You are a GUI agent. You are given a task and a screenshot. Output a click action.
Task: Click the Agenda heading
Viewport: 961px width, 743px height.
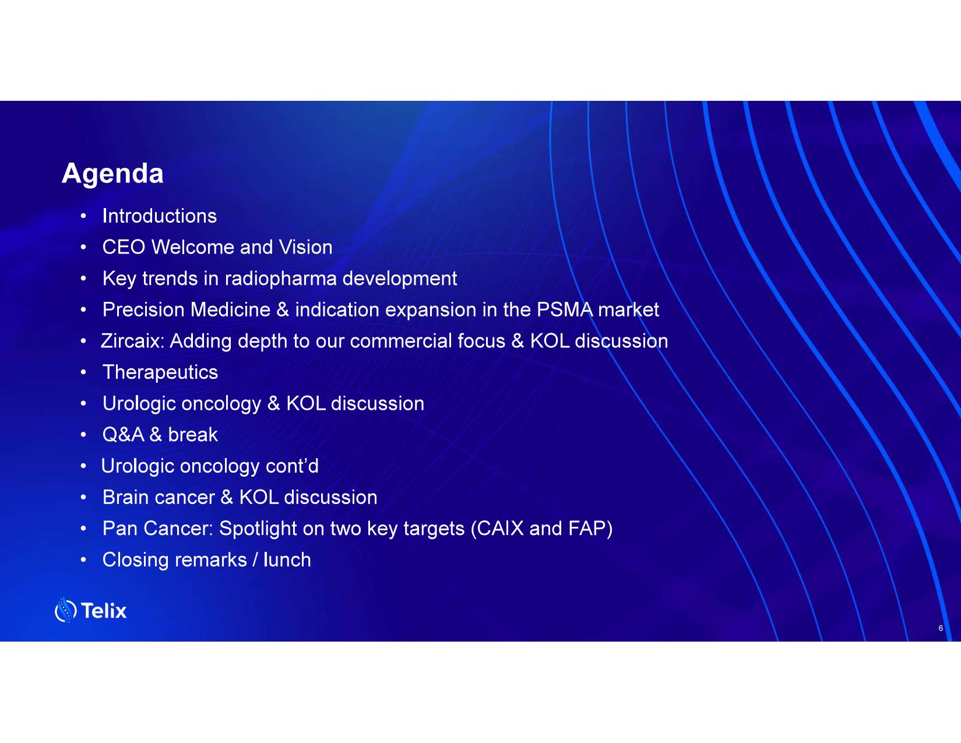[x=112, y=174]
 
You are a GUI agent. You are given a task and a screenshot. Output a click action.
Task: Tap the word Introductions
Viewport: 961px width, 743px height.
[x=160, y=216]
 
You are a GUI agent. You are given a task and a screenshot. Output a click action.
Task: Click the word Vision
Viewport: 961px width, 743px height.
[x=305, y=247]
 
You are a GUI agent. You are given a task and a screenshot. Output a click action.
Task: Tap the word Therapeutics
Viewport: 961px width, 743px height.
[x=160, y=372]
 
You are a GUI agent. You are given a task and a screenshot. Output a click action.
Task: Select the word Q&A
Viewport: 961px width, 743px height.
[x=124, y=435]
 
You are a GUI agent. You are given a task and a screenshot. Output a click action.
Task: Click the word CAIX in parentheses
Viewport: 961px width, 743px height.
[x=498, y=529]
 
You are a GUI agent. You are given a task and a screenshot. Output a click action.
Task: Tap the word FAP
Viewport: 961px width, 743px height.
[x=587, y=529]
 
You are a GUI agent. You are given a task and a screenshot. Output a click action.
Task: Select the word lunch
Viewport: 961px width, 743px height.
[x=287, y=560]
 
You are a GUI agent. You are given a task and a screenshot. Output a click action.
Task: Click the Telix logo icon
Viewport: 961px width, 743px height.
[x=65, y=610]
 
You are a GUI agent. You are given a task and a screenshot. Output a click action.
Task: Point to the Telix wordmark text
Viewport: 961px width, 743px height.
[x=104, y=611]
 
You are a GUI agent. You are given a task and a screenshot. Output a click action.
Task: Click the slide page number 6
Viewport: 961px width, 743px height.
[x=941, y=628]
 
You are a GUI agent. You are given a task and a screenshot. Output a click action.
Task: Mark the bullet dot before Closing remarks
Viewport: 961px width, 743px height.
[x=83, y=560]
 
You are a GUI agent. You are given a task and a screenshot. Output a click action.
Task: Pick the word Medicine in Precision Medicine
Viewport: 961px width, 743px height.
[x=230, y=309]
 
